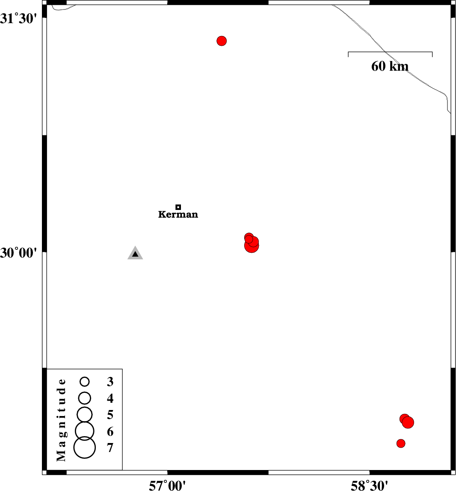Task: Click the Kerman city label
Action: click(x=178, y=215)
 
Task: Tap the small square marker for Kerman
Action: click(x=178, y=207)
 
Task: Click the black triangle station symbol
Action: click(x=135, y=253)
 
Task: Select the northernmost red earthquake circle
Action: click(x=222, y=41)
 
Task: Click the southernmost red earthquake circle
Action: click(x=401, y=443)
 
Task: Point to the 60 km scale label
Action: click(x=390, y=66)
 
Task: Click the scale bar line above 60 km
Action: click(x=390, y=52)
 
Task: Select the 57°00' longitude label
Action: click(x=167, y=485)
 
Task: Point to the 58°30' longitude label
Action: click(x=369, y=485)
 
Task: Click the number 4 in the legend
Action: click(x=110, y=398)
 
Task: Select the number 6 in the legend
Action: click(x=110, y=431)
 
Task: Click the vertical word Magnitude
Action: click(x=61, y=420)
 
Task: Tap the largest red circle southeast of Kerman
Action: click(x=252, y=246)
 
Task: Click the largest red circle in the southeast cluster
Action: click(x=408, y=422)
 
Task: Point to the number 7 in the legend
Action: click(x=110, y=448)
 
